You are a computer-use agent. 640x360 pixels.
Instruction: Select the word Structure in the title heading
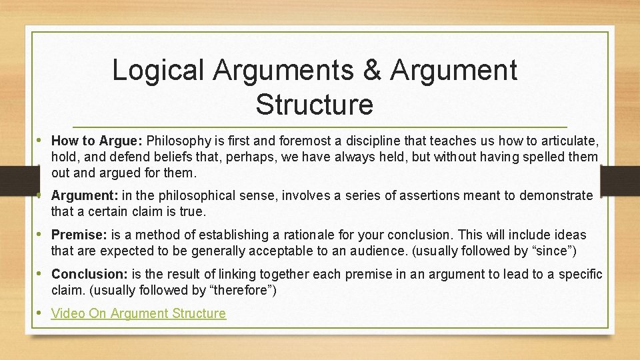[314, 105]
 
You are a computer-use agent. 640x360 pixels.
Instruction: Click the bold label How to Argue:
[97, 141]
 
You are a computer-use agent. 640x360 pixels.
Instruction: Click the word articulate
[571, 141]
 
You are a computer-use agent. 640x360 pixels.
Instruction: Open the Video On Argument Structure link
[139, 313]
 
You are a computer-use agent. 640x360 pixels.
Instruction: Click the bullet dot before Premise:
[41, 235]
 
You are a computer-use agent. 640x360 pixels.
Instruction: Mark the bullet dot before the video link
[41, 313]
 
